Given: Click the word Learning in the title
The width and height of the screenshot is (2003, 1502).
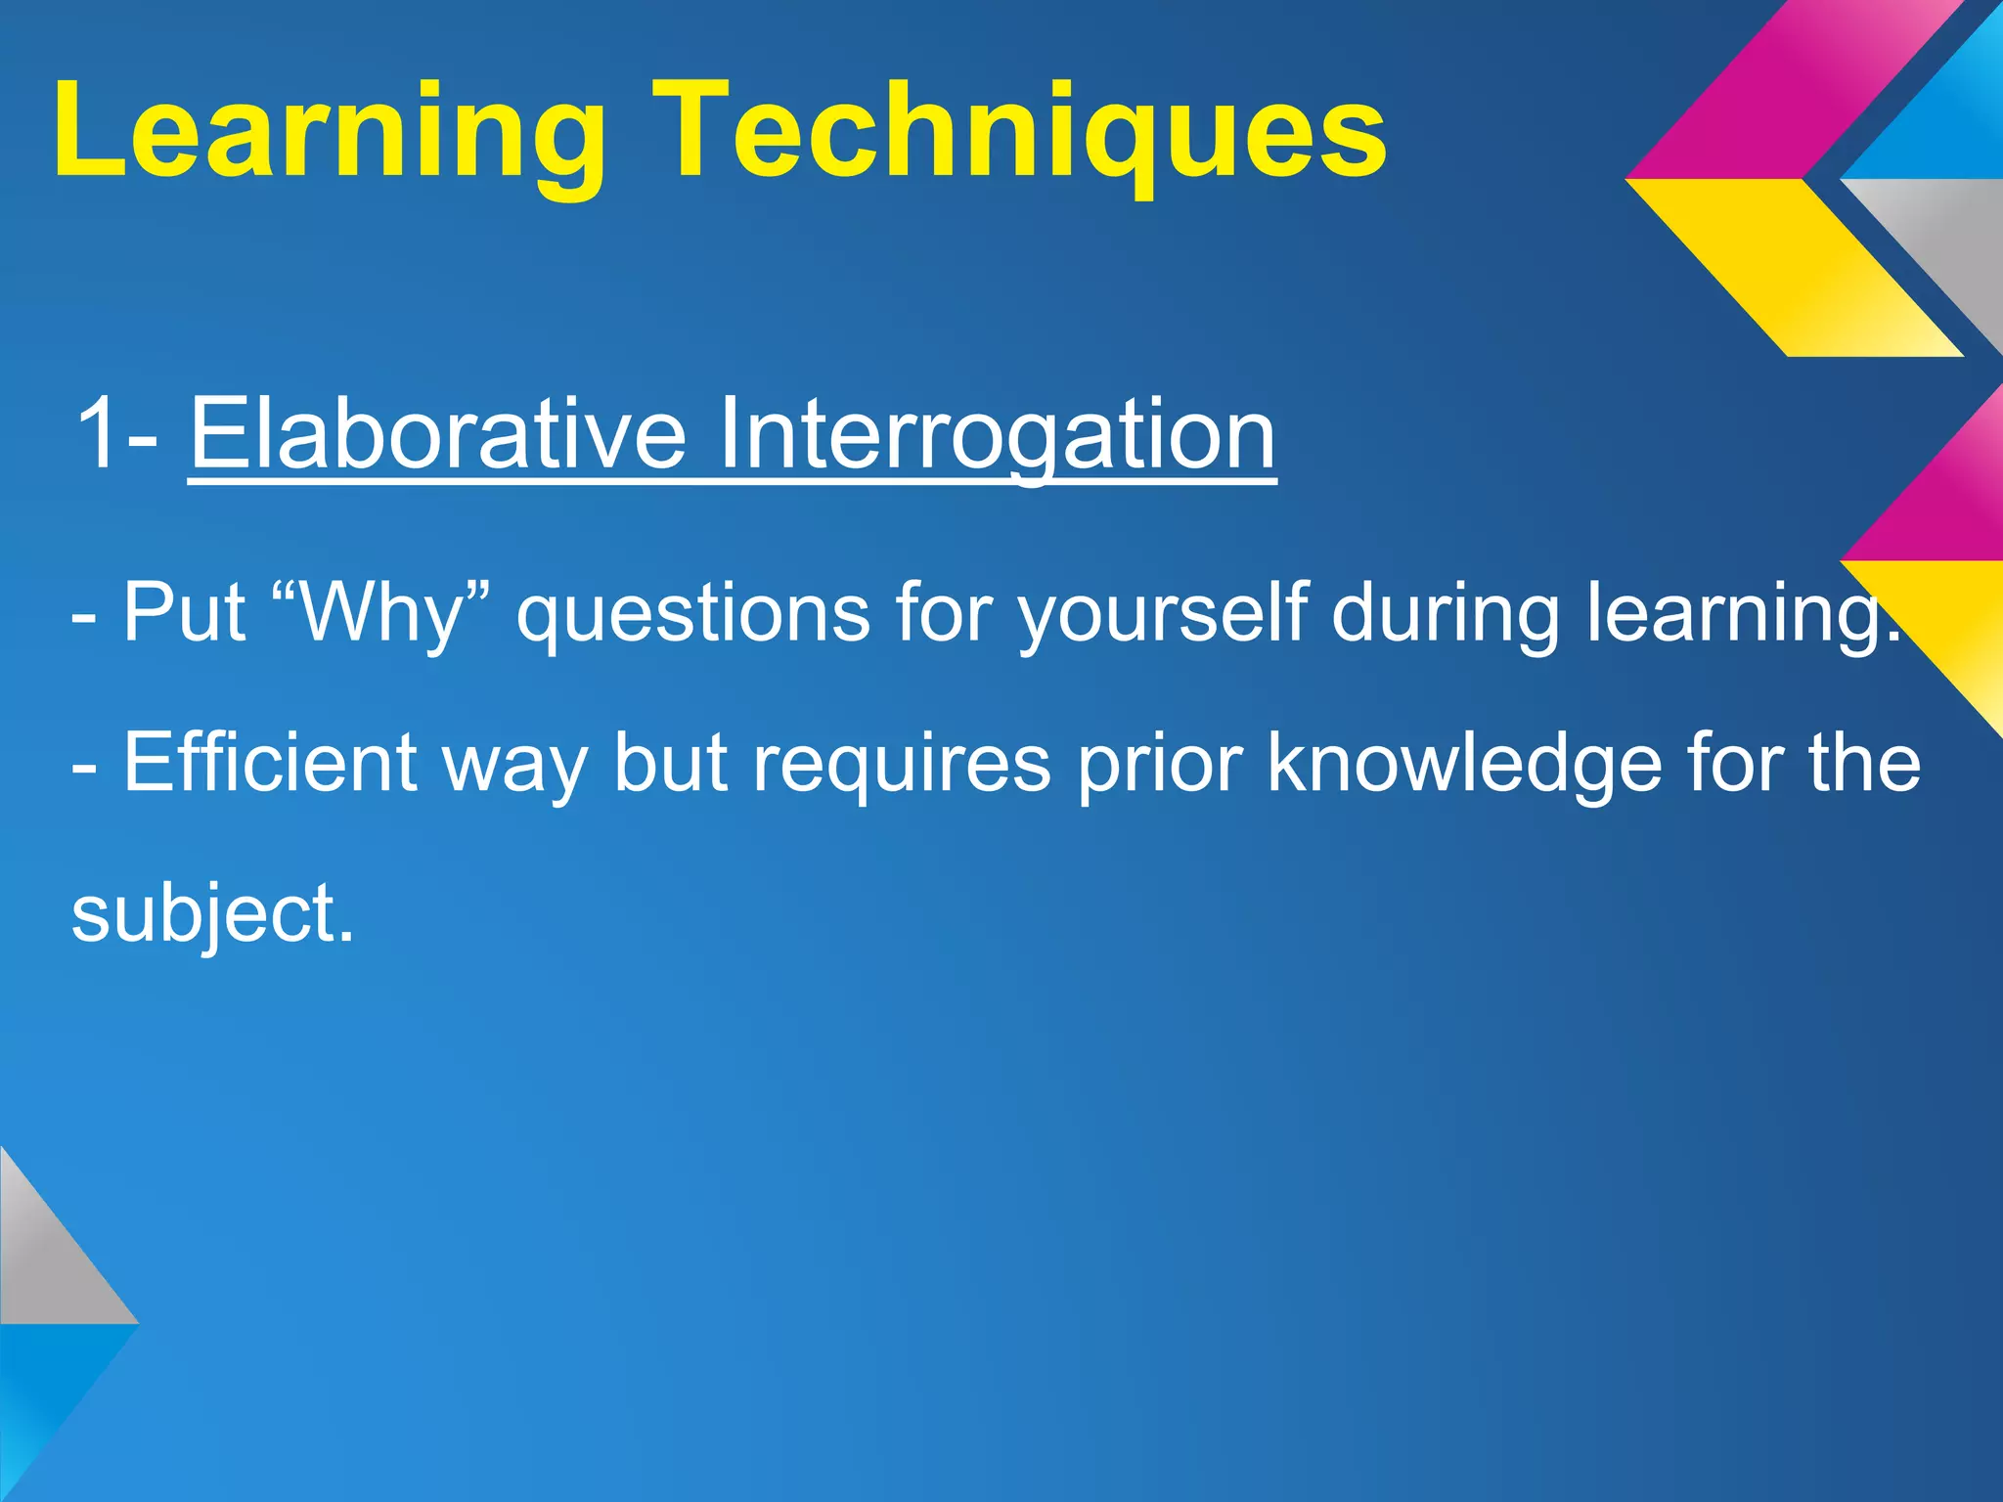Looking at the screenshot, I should click(x=329, y=132).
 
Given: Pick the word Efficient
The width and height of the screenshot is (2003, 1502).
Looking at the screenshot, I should click(x=270, y=763).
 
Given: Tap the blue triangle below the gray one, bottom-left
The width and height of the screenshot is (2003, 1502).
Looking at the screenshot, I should click(x=44, y=1389).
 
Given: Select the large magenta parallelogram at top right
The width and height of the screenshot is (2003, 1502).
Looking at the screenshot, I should click(x=1800, y=93).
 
